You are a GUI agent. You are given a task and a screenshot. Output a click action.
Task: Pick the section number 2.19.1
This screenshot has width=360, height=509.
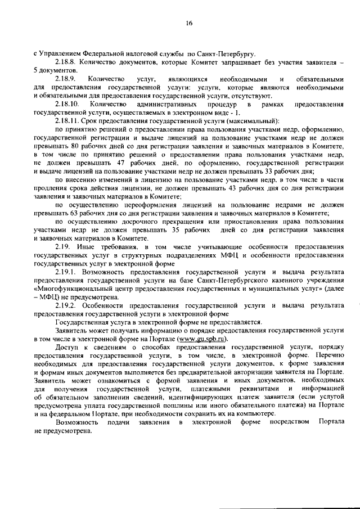click(66, 271)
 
